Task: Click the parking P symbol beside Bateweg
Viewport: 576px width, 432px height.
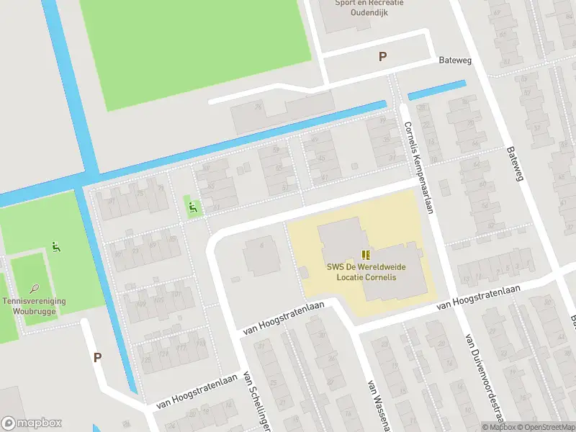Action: (382, 57)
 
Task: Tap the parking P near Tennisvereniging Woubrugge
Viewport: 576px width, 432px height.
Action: (97, 357)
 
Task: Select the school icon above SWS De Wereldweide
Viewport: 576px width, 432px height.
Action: (366, 254)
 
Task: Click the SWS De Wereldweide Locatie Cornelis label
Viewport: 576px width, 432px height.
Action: (366, 271)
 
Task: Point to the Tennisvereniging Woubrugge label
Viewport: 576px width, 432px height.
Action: (34, 306)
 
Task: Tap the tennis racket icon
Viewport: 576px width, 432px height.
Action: (34, 289)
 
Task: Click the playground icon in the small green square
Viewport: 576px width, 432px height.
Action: (192, 207)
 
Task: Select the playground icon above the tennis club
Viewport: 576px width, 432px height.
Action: (56, 248)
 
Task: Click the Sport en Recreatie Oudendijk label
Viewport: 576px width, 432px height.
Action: (369, 8)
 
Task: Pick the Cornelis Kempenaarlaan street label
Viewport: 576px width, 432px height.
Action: (420, 167)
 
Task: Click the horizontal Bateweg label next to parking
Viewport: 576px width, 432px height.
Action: (455, 60)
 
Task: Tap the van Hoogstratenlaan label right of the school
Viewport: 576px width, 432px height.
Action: (469, 305)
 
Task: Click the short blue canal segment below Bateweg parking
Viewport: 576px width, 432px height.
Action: (436, 91)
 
